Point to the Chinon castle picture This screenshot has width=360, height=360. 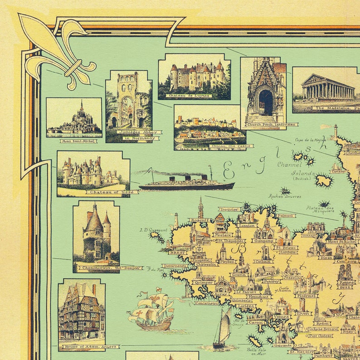pos(209,126)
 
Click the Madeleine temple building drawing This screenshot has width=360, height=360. pos(328,87)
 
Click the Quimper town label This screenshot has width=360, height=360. pos(203,282)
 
